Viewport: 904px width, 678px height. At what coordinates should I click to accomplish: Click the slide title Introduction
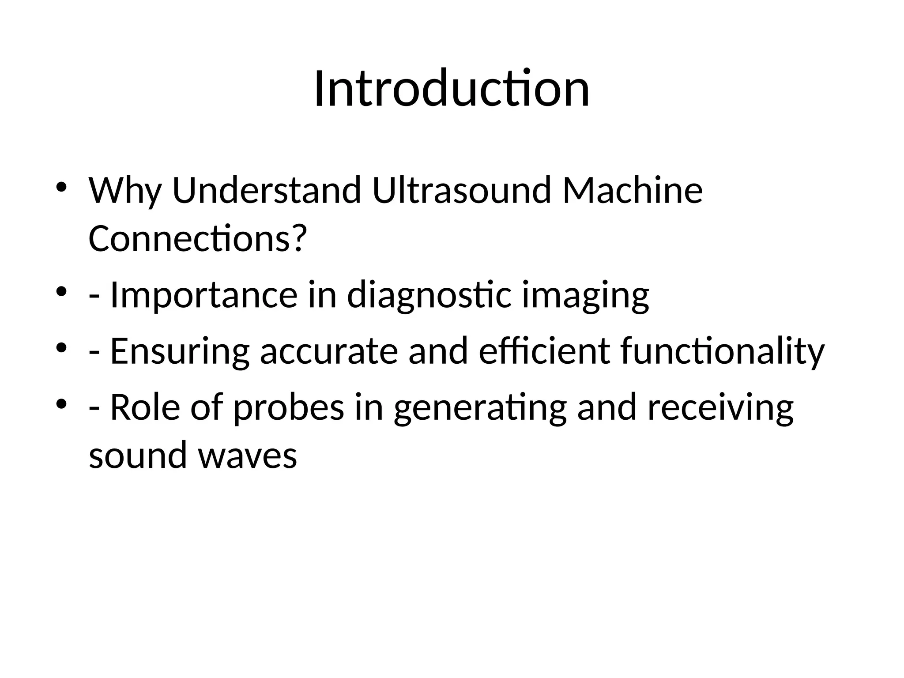[452, 89]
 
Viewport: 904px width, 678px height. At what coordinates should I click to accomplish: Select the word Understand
[267, 191]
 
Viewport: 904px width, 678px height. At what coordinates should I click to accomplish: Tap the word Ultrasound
[462, 191]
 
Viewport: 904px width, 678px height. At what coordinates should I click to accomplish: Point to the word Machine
[633, 191]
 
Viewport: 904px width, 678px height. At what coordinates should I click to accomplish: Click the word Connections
[188, 239]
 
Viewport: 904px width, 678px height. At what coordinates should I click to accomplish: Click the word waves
[247, 456]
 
